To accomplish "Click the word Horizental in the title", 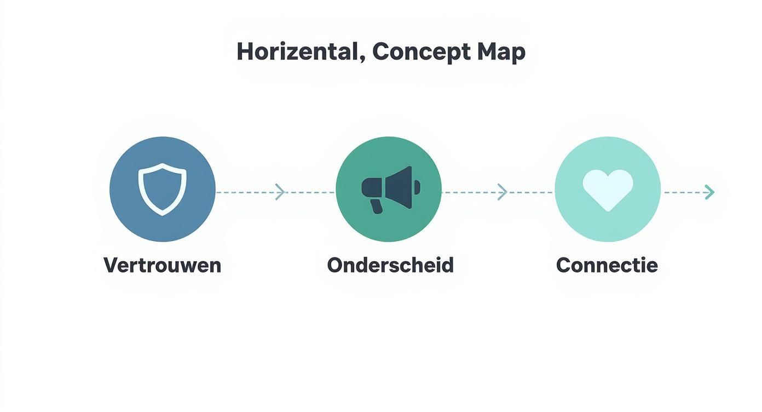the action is click(298, 51).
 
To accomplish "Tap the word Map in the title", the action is click(502, 53).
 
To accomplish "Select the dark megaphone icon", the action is click(391, 190).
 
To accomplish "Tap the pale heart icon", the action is click(608, 190).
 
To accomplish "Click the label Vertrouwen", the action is click(163, 265).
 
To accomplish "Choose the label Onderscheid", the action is click(390, 265).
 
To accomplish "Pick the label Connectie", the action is click(607, 265).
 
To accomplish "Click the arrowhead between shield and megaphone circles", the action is click(280, 192).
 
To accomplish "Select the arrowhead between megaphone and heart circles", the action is click(503, 192).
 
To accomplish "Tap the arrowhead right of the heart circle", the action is click(709, 192).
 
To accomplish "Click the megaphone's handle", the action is click(376, 207).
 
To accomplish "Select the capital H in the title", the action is click(246, 51).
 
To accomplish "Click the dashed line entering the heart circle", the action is click(530, 192).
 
